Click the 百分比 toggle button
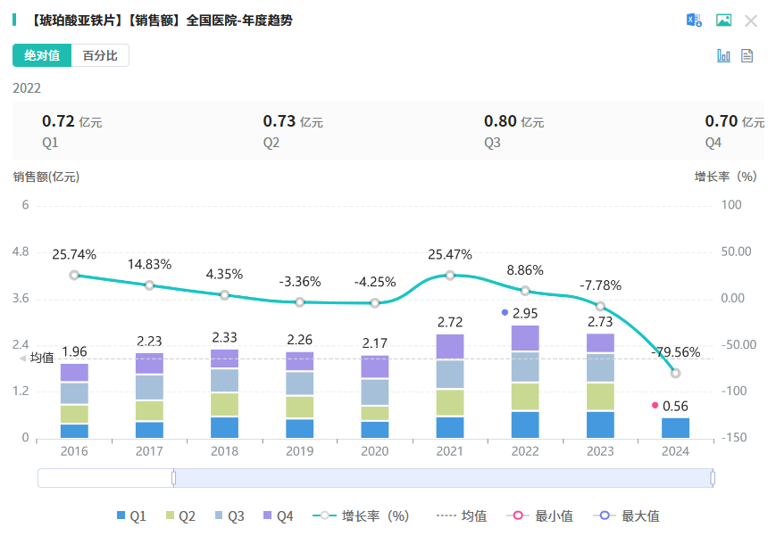click(x=100, y=55)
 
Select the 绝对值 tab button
click(x=42, y=55)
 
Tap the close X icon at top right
click(x=751, y=21)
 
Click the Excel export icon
click(x=694, y=21)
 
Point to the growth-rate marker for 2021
click(x=450, y=275)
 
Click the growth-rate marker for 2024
click(x=675, y=373)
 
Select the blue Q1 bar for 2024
click(x=675, y=428)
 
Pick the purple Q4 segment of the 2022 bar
click(x=525, y=338)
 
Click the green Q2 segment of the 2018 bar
click(x=225, y=404)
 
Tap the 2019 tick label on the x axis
click(x=300, y=451)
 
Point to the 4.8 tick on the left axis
click(x=19, y=252)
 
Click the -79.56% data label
click(x=676, y=351)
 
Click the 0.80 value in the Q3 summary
click(x=500, y=121)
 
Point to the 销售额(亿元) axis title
click(x=46, y=177)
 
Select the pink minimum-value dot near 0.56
click(x=655, y=406)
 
